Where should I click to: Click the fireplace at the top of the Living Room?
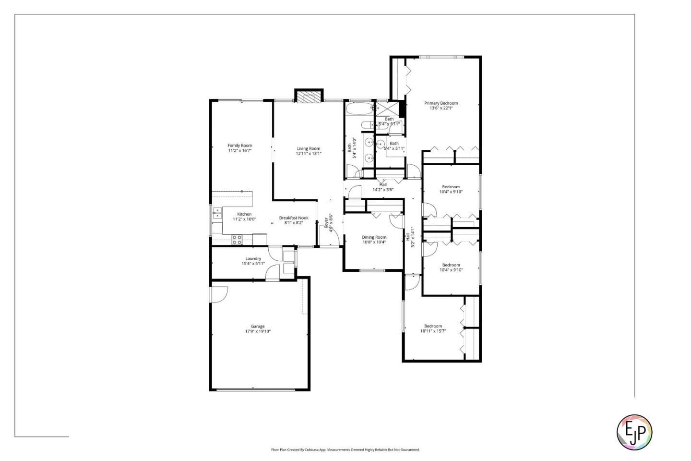click(309, 97)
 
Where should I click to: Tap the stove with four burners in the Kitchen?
click(237, 239)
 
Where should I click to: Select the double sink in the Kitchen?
click(217, 213)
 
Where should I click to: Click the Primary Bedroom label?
click(441, 103)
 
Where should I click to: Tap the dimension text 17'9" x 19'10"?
click(258, 331)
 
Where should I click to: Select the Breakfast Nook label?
click(294, 218)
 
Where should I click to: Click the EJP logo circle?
click(634, 432)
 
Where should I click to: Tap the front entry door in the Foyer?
click(334, 237)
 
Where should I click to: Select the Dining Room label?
click(374, 237)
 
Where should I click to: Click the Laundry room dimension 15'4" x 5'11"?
click(253, 263)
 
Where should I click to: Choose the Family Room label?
click(239, 146)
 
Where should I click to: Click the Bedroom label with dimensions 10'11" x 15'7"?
click(433, 326)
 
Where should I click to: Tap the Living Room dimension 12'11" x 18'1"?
click(308, 154)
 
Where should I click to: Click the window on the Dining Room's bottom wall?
click(372, 270)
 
